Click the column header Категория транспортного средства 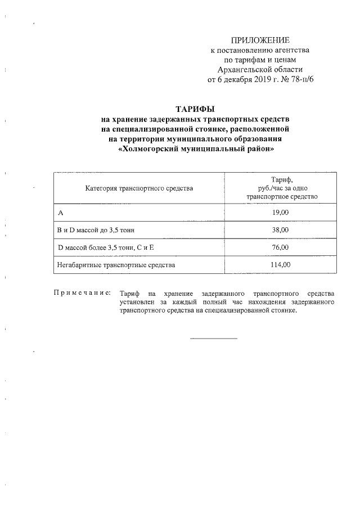pyautogui.click(x=139, y=188)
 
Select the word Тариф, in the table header pyautogui.click(x=282, y=179)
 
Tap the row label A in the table pyautogui.click(x=60, y=213)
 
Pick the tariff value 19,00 pyautogui.click(x=282, y=213)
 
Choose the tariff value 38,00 pyautogui.click(x=282, y=230)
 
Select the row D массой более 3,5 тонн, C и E pyautogui.click(x=106, y=247)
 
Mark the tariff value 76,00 pyautogui.click(x=282, y=247)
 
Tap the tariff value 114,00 pyautogui.click(x=282, y=264)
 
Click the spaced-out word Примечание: pyautogui.click(x=82, y=294)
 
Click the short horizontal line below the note pyautogui.click(x=214, y=338)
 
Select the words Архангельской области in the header pyautogui.click(x=260, y=69)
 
